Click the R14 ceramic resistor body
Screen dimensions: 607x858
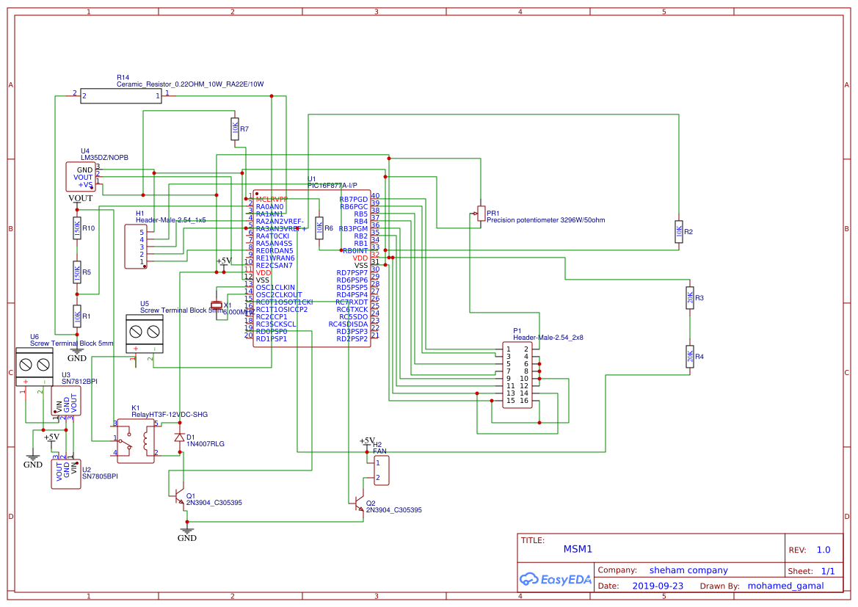pyautogui.click(x=121, y=96)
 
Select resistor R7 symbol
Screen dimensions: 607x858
pyautogui.click(x=234, y=129)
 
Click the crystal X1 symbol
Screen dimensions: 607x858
pyautogui.click(x=217, y=305)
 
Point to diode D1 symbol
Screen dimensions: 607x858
pyautogui.click(x=180, y=437)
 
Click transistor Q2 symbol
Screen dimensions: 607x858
pyautogui.click(x=359, y=504)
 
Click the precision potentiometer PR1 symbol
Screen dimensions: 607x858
pyautogui.click(x=481, y=214)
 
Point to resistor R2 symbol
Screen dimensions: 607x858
pyautogui.click(x=679, y=231)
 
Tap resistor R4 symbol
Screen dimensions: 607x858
pyautogui.click(x=689, y=357)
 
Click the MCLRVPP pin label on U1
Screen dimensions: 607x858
pyautogui.click(x=272, y=199)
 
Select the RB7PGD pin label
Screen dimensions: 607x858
pyautogui.click(x=353, y=199)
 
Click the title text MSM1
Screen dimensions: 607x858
pyautogui.click(x=577, y=549)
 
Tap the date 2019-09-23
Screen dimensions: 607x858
pyautogui.click(x=657, y=586)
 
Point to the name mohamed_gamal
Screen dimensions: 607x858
pyautogui.click(x=785, y=586)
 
